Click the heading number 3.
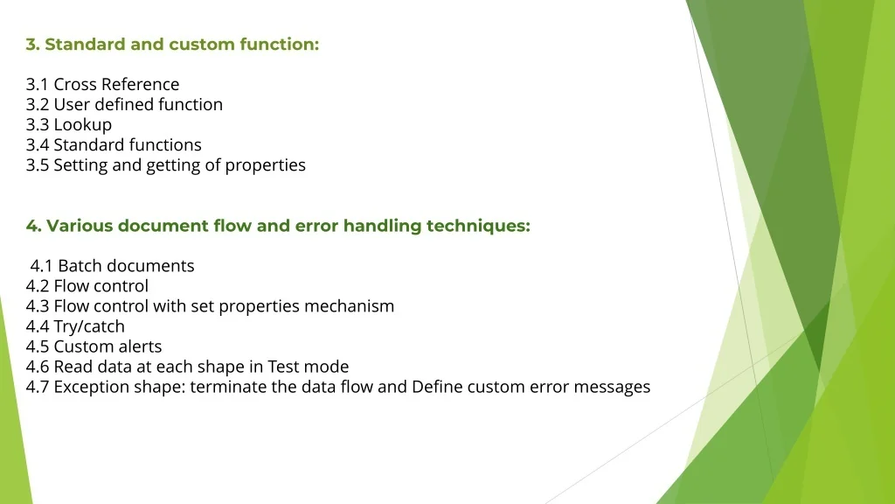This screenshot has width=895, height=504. [x=32, y=45]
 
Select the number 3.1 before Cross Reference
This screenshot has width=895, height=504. [x=37, y=85]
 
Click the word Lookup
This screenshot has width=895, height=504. [x=83, y=125]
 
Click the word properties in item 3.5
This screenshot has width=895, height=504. [x=266, y=165]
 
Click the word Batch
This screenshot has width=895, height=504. [x=80, y=266]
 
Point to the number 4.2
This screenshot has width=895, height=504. [x=37, y=286]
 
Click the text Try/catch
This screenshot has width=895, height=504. [x=89, y=327]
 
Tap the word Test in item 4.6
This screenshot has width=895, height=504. [x=283, y=367]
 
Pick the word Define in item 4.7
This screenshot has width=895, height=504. [x=437, y=387]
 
